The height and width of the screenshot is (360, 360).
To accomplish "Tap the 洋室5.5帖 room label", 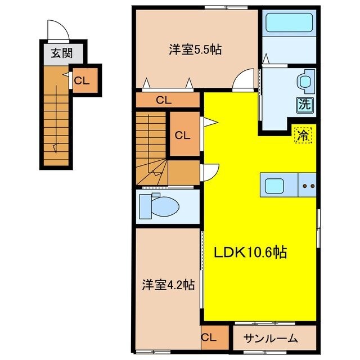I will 195,49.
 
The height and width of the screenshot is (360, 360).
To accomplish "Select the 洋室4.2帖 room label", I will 168,285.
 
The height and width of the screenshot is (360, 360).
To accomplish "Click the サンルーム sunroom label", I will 272,339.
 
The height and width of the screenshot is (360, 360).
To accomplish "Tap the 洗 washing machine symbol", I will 304,103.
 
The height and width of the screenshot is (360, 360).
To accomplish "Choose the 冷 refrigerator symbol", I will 303,135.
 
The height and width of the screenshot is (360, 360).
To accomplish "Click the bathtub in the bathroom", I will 289,24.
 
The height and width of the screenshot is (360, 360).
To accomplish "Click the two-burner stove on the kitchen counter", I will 308,185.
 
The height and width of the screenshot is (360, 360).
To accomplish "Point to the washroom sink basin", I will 305,80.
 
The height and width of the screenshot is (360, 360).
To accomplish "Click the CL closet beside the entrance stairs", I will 82,80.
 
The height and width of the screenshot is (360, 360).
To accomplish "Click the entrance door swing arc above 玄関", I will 57,30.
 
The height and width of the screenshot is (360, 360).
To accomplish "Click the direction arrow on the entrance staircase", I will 56,147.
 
